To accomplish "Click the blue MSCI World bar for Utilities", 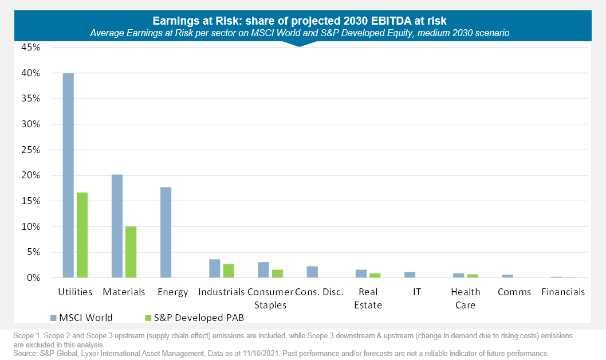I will pos(68,175).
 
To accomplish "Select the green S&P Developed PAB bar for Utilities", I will pos(82,235).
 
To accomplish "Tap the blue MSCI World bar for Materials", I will pos(117,226).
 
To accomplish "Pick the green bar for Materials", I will pos(131,252).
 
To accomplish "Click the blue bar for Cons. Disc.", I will pos(312,272).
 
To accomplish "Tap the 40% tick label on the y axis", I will pos(31,73).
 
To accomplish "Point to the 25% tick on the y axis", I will pos(31,150).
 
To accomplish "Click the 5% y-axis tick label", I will pos(33,252).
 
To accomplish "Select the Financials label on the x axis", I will pos(563,292).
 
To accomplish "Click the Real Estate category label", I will pos(368,298).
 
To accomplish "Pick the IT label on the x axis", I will pos(417,292).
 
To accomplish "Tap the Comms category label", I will pos(514,292).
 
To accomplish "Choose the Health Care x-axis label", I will pos(465,298).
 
